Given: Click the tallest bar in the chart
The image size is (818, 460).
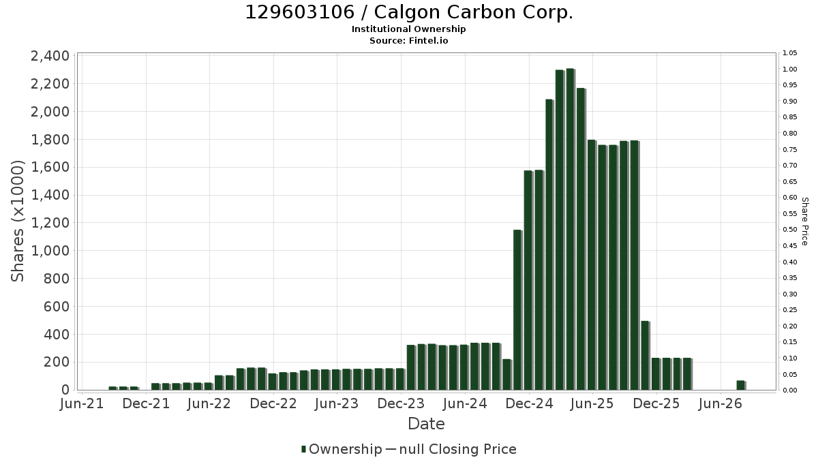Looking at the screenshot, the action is [x=571, y=229].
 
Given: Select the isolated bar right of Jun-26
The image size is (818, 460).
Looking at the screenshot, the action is [x=741, y=385].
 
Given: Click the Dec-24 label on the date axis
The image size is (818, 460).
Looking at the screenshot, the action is [x=529, y=403].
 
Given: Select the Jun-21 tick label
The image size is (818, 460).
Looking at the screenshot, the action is [x=82, y=403].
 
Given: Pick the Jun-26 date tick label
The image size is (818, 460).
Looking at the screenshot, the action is [x=720, y=403].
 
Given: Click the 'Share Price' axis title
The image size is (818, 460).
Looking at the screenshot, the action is [x=804, y=221].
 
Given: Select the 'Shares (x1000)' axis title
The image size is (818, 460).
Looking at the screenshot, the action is [x=17, y=221].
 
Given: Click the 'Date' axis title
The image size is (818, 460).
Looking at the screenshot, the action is [x=426, y=424].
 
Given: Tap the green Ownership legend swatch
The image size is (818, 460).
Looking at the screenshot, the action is [x=303, y=449].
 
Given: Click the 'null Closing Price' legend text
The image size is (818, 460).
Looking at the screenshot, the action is [x=458, y=449].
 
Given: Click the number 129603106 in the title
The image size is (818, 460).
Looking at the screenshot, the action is [x=300, y=12].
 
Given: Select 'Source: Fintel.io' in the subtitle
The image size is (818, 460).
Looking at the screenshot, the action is [x=408, y=40].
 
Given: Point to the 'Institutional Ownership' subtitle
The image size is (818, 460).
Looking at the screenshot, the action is [x=408, y=29].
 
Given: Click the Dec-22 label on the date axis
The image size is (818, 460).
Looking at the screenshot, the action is [x=273, y=403].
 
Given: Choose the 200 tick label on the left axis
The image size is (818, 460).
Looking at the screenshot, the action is [x=57, y=362].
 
